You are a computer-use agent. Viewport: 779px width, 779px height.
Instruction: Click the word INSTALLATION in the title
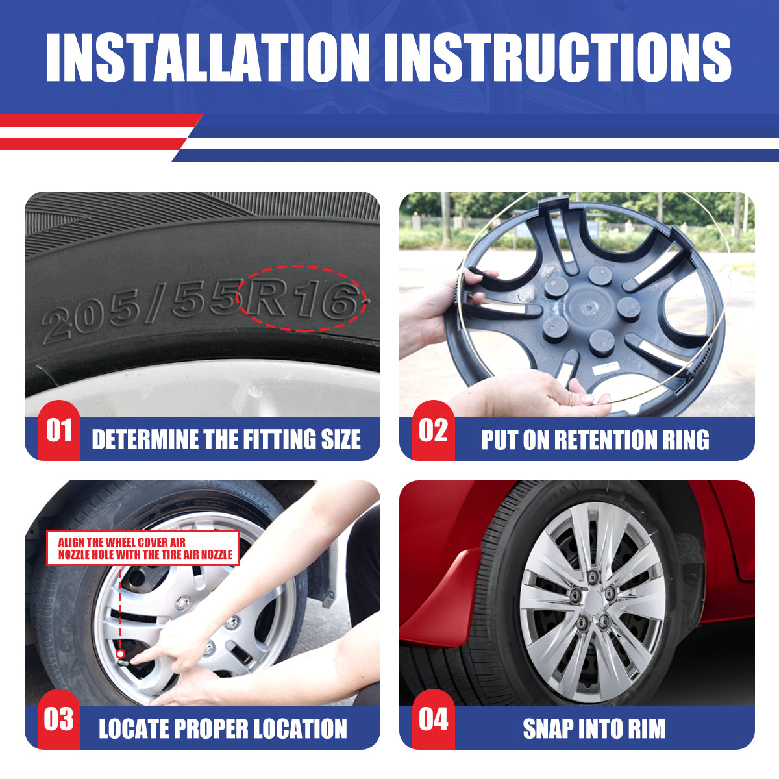click(207, 57)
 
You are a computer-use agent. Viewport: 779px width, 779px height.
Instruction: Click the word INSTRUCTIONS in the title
click(558, 57)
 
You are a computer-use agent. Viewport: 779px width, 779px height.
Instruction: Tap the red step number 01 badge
click(59, 430)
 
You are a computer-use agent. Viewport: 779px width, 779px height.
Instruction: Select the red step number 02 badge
click(434, 430)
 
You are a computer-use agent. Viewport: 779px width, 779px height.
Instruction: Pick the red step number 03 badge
click(59, 719)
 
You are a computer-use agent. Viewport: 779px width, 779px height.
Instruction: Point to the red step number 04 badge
click(434, 719)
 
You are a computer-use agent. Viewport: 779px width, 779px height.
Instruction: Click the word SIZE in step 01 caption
click(341, 439)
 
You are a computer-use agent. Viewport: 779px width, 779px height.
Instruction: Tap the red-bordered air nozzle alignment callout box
click(143, 548)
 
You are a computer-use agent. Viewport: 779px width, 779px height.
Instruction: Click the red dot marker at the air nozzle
click(120, 654)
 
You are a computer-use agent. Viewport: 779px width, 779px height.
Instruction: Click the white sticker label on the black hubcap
click(605, 368)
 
